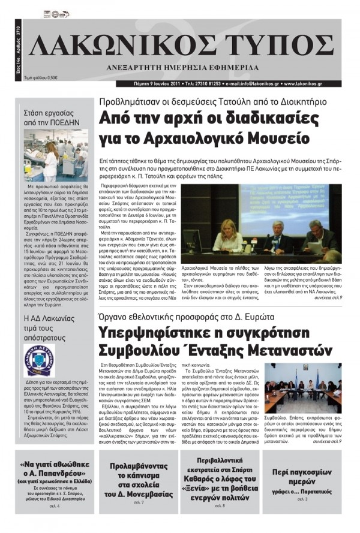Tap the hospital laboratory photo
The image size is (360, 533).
point(56,154)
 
